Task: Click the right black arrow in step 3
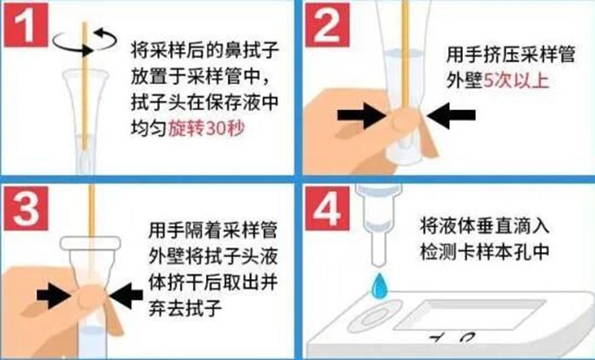tap(125, 298)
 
